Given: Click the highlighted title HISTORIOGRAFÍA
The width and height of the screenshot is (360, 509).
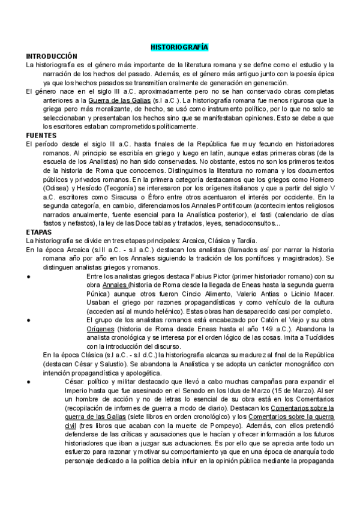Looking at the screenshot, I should pos(179,46).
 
